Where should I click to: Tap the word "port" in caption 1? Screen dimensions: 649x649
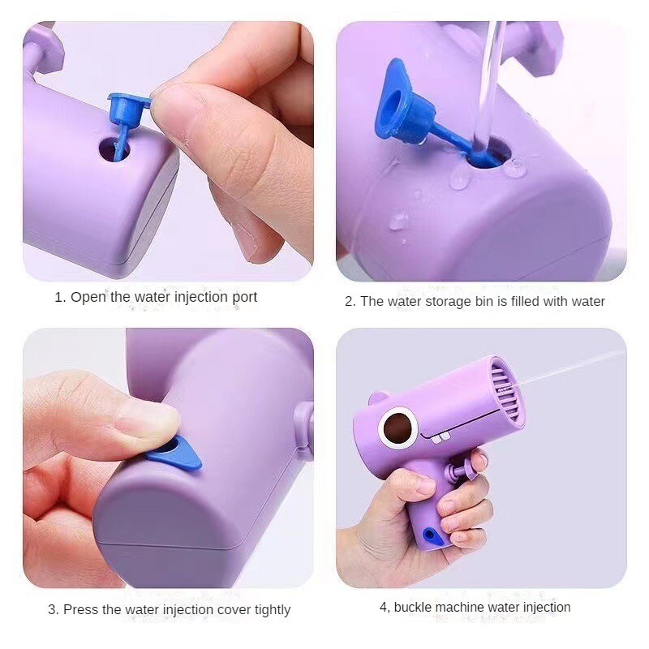(x=245, y=298)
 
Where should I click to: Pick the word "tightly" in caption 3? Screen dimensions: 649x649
(x=273, y=610)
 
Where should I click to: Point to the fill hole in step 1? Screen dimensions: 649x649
(x=114, y=150)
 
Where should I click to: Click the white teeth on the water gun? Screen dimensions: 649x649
(x=441, y=438)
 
